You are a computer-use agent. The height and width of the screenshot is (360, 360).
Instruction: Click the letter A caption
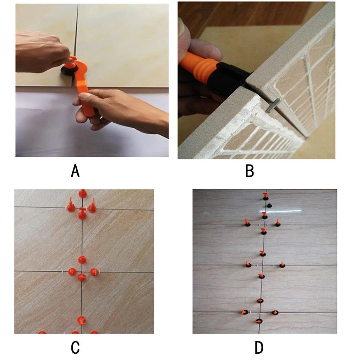75,171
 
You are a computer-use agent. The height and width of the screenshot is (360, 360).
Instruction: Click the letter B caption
249,171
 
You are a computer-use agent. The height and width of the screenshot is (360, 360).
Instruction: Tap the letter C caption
75,347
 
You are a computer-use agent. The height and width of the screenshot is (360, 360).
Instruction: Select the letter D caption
259,347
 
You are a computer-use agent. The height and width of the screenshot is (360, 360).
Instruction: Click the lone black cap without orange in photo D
269,205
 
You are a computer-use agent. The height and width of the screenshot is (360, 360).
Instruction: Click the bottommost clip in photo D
259,321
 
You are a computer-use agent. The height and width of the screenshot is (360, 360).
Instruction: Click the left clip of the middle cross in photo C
72,271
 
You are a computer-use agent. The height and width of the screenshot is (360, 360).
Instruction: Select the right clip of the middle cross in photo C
94,272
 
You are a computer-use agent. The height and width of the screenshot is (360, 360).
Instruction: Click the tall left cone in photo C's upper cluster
71,205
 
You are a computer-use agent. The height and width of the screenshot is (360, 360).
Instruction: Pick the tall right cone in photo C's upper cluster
92,206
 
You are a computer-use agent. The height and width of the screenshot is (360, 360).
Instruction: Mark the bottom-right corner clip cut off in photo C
94,332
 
